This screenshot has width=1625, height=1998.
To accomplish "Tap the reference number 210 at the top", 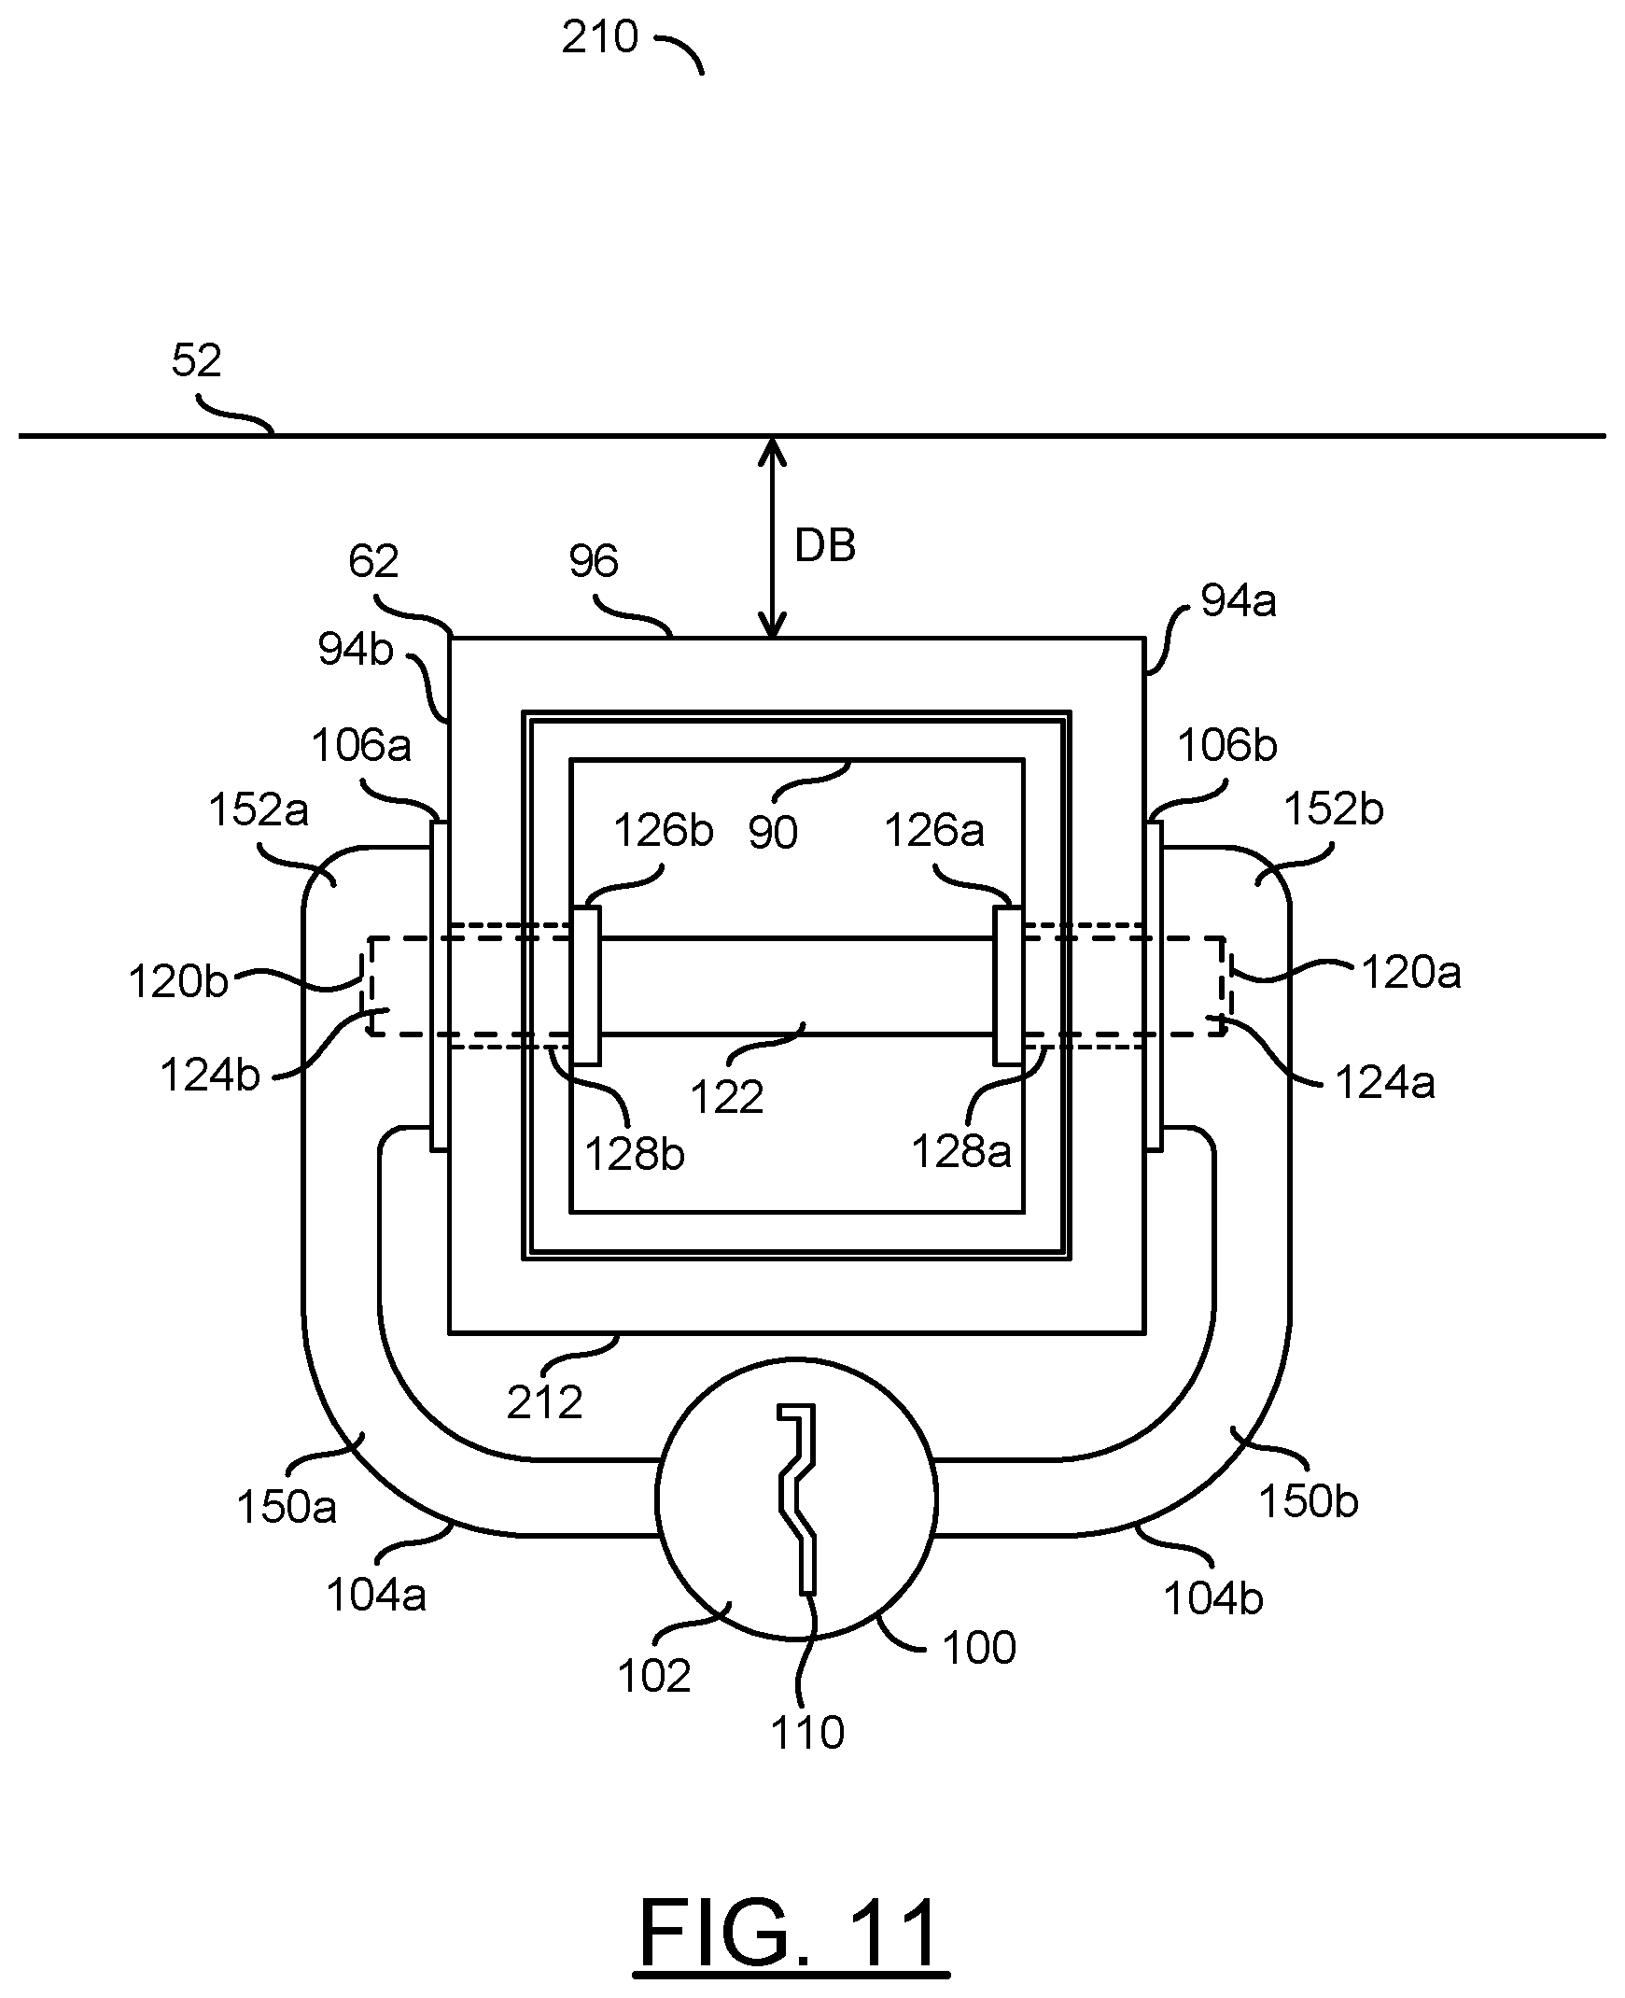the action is [600, 38].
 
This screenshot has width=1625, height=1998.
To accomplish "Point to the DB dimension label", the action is [825, 546].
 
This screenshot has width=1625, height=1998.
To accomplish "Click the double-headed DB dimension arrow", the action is [772, 538].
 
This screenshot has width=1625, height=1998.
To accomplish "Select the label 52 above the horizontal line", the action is [197, 360].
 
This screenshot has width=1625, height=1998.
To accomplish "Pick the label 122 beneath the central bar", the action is [727, 1096].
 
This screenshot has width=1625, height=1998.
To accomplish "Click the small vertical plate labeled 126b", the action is [586, 986].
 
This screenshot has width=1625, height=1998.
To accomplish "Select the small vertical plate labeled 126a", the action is [1008, 986].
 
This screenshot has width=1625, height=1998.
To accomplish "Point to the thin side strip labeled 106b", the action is [1155, 986].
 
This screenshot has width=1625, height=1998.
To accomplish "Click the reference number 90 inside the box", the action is [773, 832].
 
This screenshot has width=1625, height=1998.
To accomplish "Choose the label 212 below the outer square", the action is [545, 1402].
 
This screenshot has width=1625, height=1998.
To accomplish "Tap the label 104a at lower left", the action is [376, 1596].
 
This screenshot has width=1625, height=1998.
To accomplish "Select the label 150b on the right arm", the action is [1309, 1502].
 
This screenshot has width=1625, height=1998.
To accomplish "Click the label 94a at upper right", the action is [1239, 601].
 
